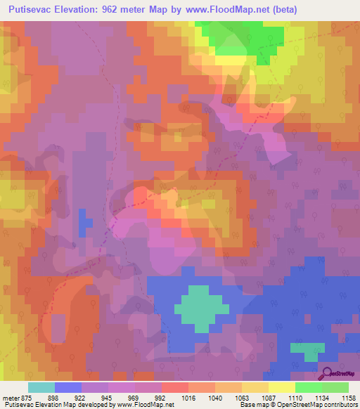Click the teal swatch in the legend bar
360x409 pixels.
pyautogui.click(x=41, y=387)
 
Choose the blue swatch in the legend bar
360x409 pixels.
pyautogui.click(x=68, y=387)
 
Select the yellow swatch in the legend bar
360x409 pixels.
pyautogui.click(x=282, y=387)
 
